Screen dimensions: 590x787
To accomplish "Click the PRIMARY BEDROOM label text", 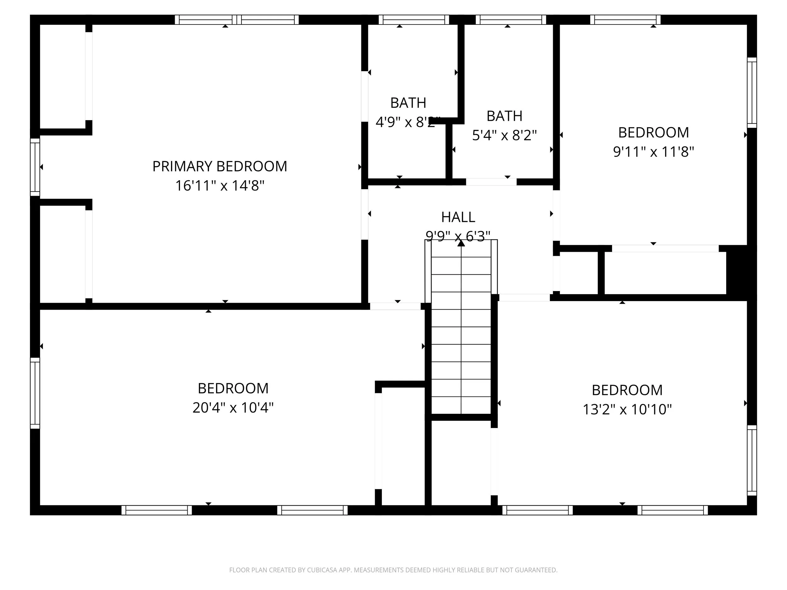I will pos(219,166).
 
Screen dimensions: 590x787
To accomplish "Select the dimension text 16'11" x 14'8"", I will pos(219,186).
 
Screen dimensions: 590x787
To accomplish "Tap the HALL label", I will pos(458,217).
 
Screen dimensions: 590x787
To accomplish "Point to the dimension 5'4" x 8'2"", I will pos(504,135).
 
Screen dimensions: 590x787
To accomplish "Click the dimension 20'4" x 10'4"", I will pos(233,407).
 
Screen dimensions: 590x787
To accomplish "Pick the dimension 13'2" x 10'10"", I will pos(627,409).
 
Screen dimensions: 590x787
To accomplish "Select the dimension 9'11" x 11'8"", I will pos(653,152).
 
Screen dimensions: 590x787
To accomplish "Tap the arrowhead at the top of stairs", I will pos(461,243).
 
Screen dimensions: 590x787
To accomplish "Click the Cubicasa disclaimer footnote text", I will pos(393,570).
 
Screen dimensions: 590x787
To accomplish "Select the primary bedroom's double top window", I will pos(237,20).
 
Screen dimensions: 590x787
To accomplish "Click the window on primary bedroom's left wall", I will pos(35,167).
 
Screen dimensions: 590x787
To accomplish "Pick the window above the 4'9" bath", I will pos(413,20).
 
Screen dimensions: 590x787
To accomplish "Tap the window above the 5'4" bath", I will pos(511,20).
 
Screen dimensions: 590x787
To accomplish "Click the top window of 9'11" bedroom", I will pos(625,20).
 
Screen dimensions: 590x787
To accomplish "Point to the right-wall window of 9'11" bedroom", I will pos(751,93).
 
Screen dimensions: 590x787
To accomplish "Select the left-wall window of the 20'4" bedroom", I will pos(35,393).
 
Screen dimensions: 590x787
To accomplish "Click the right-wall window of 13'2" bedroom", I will pos(751,461).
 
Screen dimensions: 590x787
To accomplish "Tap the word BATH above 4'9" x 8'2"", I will pos(408,103).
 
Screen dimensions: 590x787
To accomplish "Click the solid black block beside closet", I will pos(741,272).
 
